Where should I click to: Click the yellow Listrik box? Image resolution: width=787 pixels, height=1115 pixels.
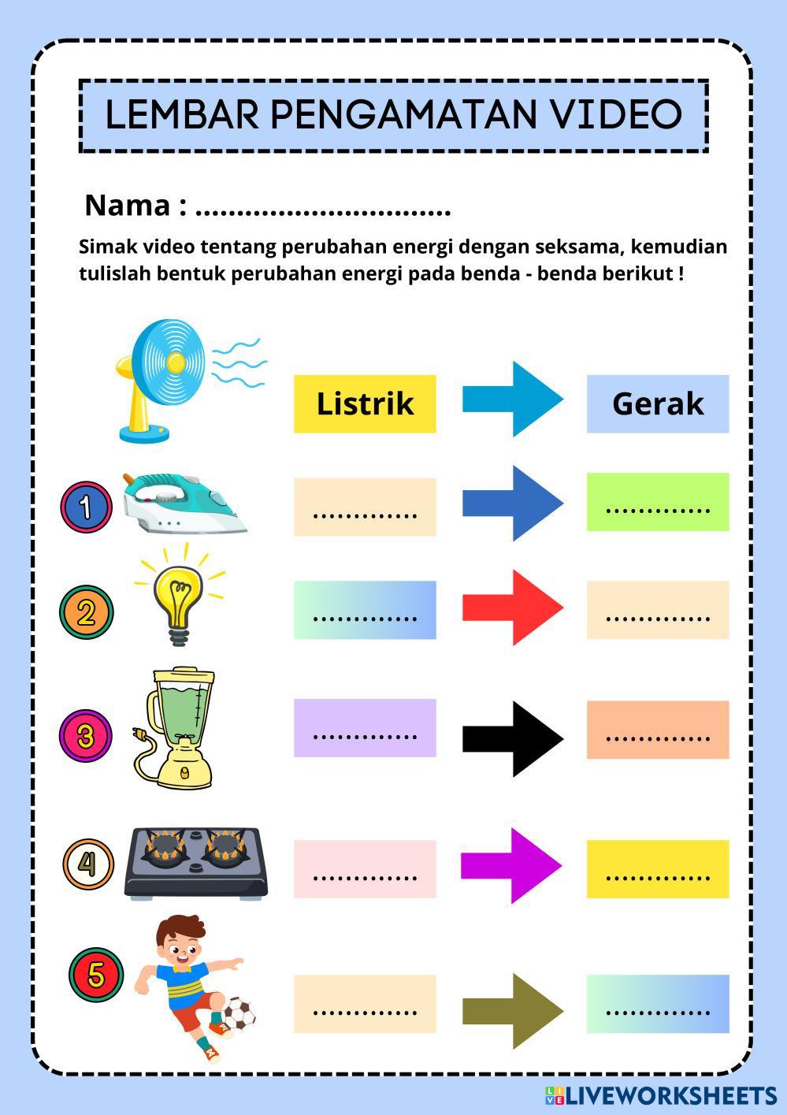pyautogui.click(x=365, y=403)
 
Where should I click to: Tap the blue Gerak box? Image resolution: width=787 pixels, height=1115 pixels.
pyautogui.click(x=657, y=403)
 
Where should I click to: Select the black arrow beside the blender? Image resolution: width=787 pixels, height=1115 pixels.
pyautogui.click(x=512, y=738)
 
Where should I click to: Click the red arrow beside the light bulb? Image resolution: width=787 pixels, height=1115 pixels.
pyautogui.click(x=512, y=608)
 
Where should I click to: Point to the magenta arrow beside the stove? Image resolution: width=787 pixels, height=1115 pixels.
pyautogui.click(x=510, y=866)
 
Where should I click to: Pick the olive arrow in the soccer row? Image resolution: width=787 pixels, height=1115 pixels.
pyautogui.click(x=512, y=1010)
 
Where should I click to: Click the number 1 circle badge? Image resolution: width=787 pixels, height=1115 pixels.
pyautogui.click(x=86, y=505)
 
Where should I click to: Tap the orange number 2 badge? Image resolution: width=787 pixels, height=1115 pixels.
pyautogui.click(x=86, y=611)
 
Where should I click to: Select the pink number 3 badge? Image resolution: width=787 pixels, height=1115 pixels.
pyautogui.click(x=86, y=736)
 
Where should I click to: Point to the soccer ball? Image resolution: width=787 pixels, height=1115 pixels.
pyautogui.click(x=238, y=1015)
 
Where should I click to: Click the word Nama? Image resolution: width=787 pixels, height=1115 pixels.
pyautogui.click(x=127, y=206)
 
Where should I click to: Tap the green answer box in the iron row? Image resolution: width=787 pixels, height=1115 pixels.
pyautogui.click(x=657, y=502)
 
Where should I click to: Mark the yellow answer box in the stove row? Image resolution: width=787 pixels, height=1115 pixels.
pyautogui.click(x=657, y=868)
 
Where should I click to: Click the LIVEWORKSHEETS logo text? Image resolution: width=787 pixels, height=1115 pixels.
pyautogui.click(x=670, y=1095)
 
